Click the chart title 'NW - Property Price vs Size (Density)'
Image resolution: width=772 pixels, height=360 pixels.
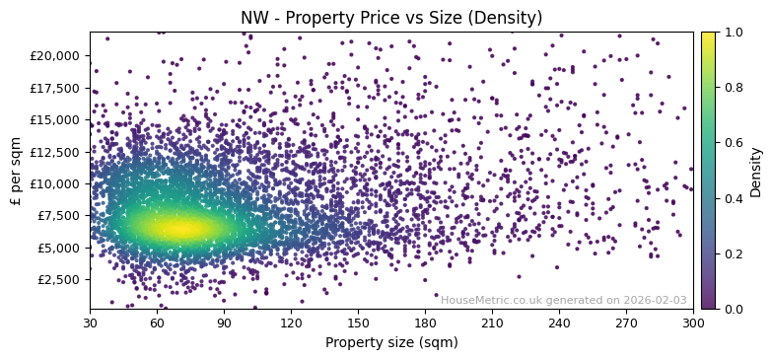tap(391, 18)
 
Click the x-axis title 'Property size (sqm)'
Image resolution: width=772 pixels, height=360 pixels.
tap(391, 342)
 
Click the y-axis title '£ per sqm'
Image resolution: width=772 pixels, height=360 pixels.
tap(16, 171)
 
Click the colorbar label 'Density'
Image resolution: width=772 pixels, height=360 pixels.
tap(756, 171)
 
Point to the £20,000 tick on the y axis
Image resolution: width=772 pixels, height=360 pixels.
tap(55, 55)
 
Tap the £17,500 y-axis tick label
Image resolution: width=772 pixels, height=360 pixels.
tap(55, 88)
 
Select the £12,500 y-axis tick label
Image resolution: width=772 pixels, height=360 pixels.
tap(55, 151)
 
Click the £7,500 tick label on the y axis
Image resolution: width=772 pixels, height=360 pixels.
tap(58, 215)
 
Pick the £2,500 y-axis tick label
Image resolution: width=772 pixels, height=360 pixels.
tap(58, 279)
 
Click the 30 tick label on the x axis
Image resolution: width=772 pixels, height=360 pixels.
tap(90, 323)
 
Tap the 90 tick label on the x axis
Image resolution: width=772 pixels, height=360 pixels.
tap(224, 323)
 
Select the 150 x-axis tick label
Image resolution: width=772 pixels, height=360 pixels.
tap(358, 323)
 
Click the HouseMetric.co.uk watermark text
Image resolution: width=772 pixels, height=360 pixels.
tap(563, 300)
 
